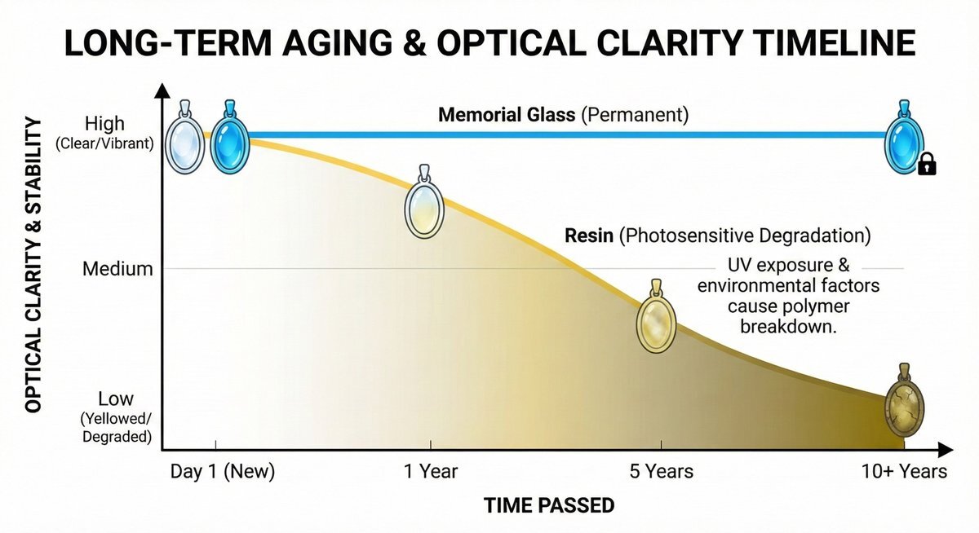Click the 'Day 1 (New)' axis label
pyautogui.click(x=223, y=471)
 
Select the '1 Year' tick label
pyautogui.click(x=430, y=471)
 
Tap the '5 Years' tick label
pyautogui.click(x=661, y=471)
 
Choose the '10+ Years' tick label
pyautogui.click(x=904, y=471)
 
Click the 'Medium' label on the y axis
pyautogui.click(x=117, y=268)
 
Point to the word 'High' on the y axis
pyautogui.click(x=104, y=124)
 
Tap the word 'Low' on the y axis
pyautogui.click(x=116, y=399)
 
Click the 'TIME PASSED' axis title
pyautogui.click(x=548, y=505)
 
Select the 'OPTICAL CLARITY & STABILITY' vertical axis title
pyautogui.click(x=33, y=264)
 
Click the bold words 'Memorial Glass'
pyautogui.click(x=507, y=115)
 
